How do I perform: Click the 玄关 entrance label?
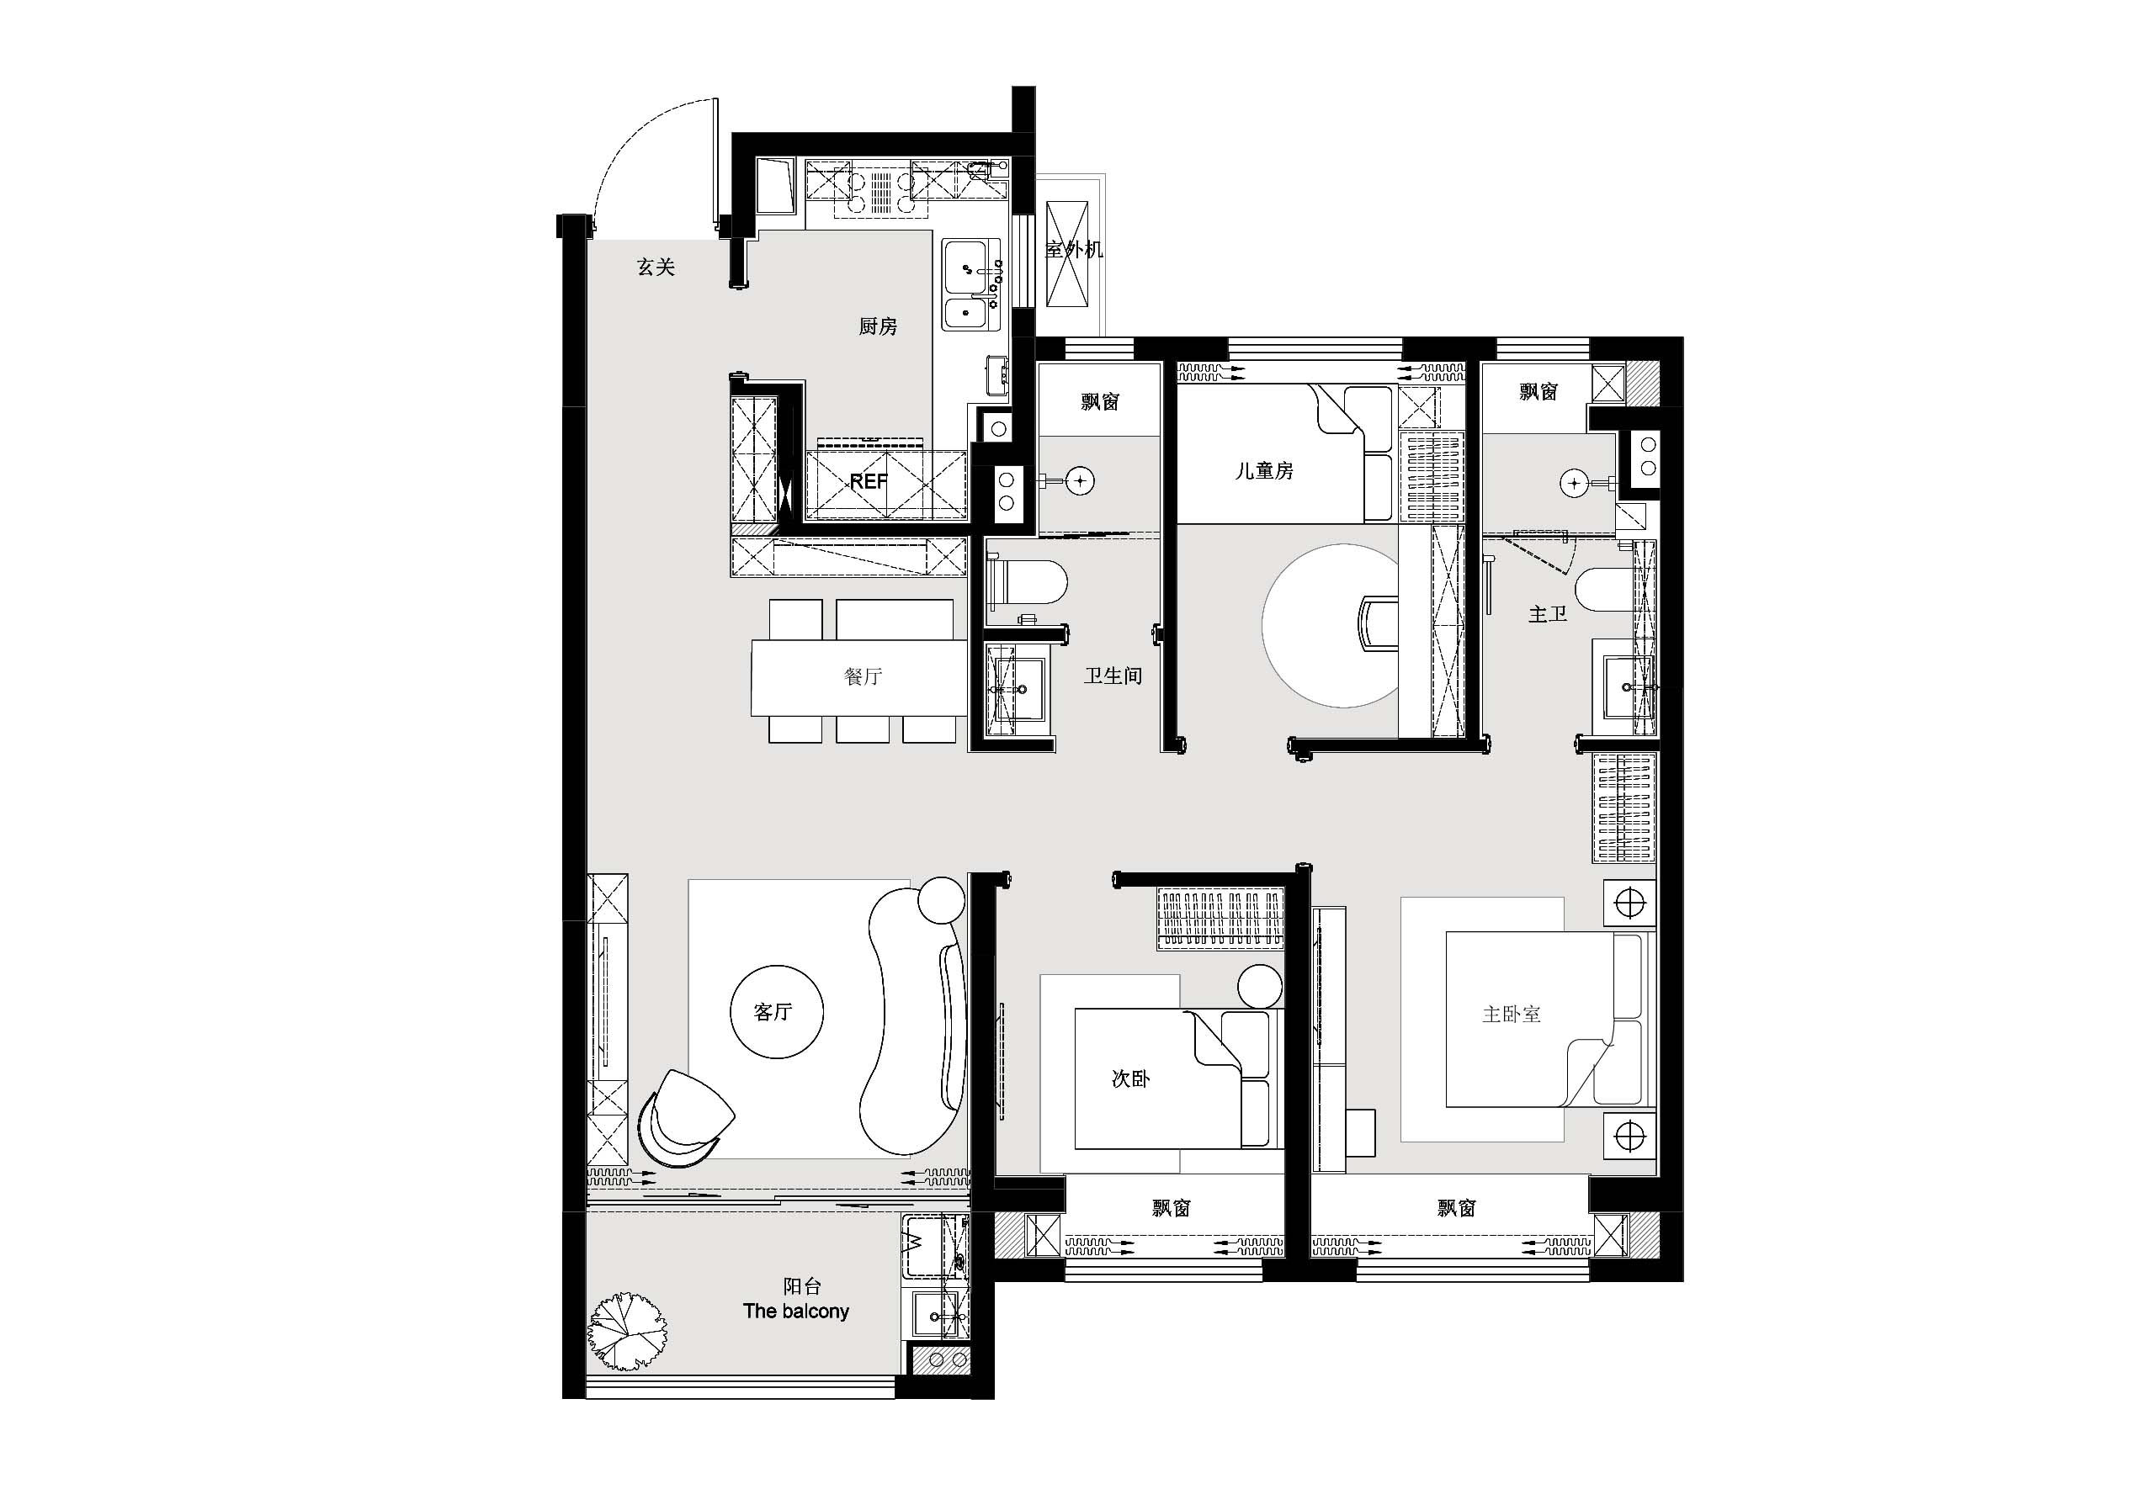656,268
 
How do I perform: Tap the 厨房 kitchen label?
878,326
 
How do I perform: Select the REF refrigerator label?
869,480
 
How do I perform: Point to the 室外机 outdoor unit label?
1074,249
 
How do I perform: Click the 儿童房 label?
1264,470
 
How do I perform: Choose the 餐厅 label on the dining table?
862,676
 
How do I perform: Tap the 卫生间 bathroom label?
1113,676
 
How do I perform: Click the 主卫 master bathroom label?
1547,613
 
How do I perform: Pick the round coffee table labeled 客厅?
777,1011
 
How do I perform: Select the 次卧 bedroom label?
1130,1078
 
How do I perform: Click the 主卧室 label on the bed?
1511,1015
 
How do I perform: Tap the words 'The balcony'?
796,1311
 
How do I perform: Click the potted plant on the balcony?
627,1332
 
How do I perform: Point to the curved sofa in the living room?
914,1020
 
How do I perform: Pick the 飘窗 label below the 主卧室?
1456,1208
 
